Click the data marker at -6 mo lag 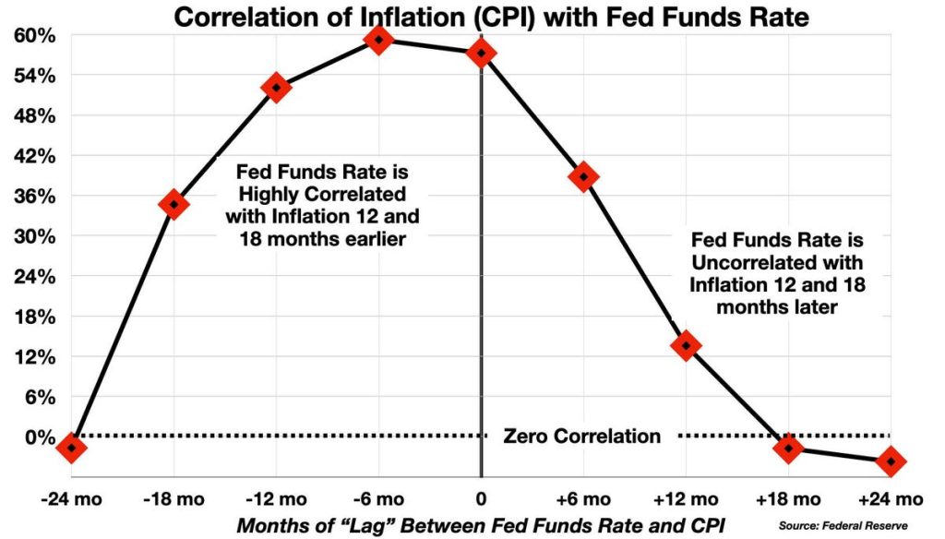[x=378, y=39]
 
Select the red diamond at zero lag [x=481, y=54]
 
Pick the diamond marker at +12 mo [x=686, y=346]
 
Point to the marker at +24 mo [x=891, y=461]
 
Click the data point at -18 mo [x=173, y=205]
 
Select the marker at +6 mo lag [x=583, y=176]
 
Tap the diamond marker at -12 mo [x=276, y=88]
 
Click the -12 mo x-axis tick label [x=276, y=499]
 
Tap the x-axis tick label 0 [x=481, y=499]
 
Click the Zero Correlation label [x=581, y=437]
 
